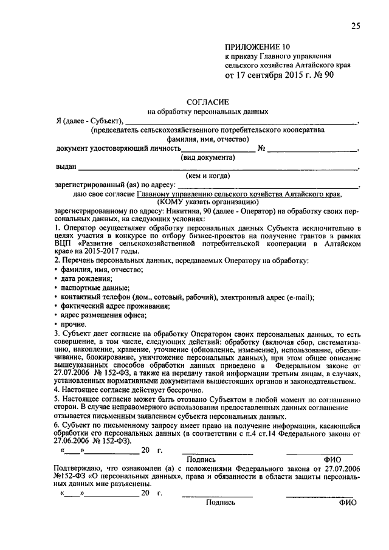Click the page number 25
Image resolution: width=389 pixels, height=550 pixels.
point(355,25)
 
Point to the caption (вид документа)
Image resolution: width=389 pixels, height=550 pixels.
point(208,157)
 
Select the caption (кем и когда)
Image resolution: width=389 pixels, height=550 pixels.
point(208,175)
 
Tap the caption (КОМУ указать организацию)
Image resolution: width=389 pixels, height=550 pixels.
point(208,202)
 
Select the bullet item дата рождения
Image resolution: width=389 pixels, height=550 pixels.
point(86,278)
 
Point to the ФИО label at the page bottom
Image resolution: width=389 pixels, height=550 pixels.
point(348,503)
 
